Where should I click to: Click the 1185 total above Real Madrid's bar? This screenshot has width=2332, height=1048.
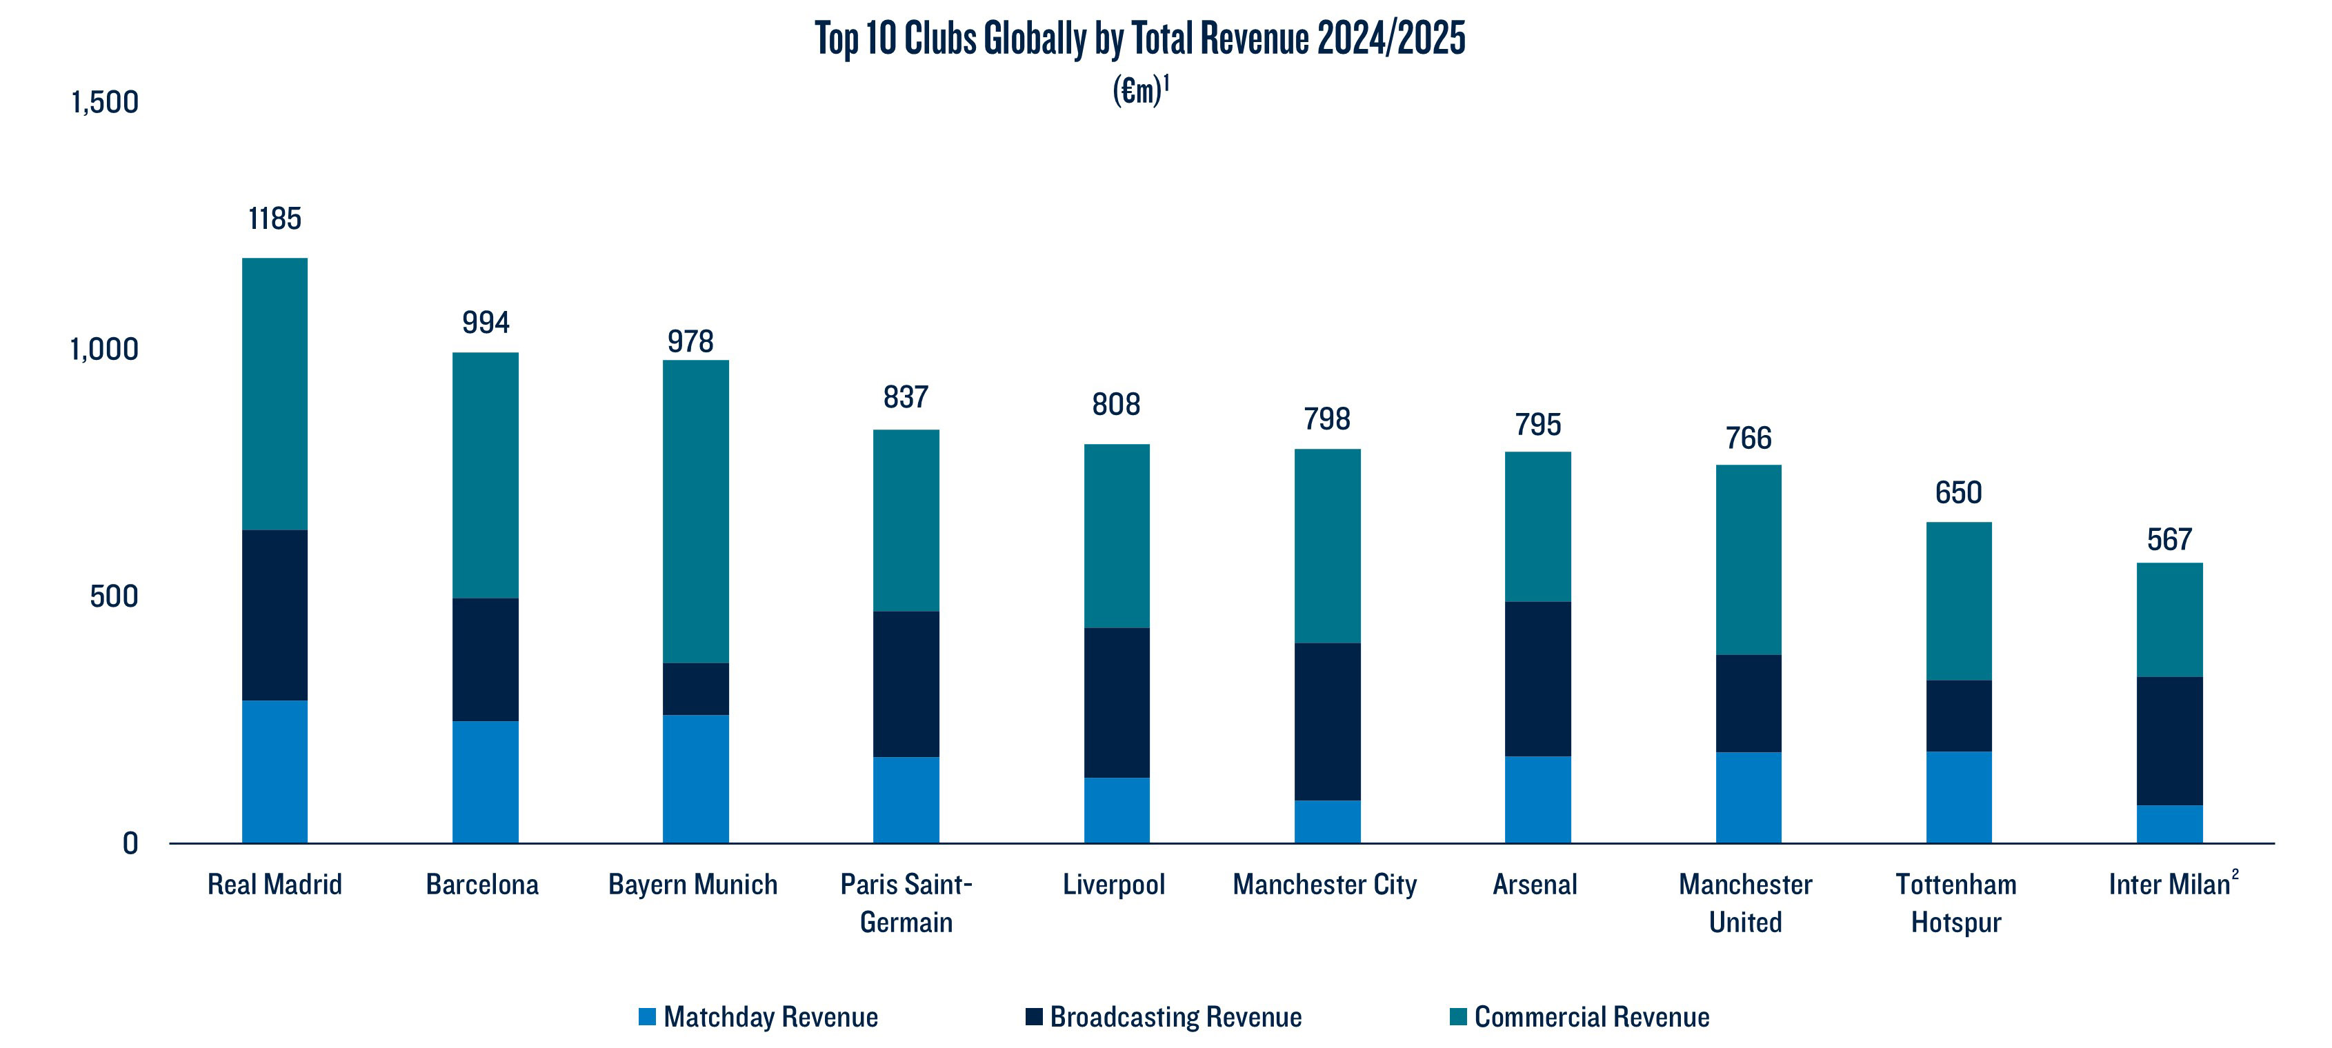click(275, 219)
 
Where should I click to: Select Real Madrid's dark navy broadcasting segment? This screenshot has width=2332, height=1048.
click(275, 616)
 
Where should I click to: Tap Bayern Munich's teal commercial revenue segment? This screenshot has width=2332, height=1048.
click(695, 512)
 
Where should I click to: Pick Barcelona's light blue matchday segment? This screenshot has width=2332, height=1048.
click(486, 782)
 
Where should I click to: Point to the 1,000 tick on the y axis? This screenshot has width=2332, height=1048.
click(104, 350)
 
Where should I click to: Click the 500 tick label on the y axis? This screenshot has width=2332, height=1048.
click(113, 596)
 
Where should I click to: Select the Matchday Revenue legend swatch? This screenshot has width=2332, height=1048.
click(646, 1016)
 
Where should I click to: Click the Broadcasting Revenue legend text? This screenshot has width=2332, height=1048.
click(1175, 1016)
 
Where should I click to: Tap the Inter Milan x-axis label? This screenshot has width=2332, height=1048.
click(2169, 884)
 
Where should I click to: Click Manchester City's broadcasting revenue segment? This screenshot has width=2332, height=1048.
click(1327, 721)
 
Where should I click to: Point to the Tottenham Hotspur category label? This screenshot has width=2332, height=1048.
click(1956, 903)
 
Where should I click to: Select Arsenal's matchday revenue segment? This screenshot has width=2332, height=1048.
click(1537, 800)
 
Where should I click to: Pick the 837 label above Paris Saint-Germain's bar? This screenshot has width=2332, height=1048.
click(905, 396)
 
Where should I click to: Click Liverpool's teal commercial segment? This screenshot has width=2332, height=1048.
click(1116, 536)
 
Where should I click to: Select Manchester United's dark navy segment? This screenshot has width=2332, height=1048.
click(1748, 703)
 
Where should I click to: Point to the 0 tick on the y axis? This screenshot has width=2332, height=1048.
click(130, 843)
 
